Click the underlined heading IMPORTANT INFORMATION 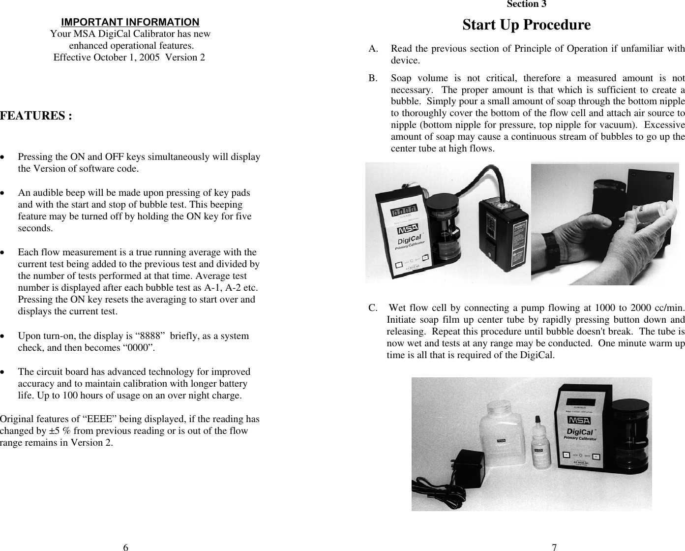[x=130, y=22]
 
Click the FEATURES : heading [x=36, y=116]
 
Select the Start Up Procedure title [x=526, y=25]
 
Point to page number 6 [x=126, y=547]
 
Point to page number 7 [x=554, y=547]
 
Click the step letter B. [x=373, y=78]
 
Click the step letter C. [x=373, y=308]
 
